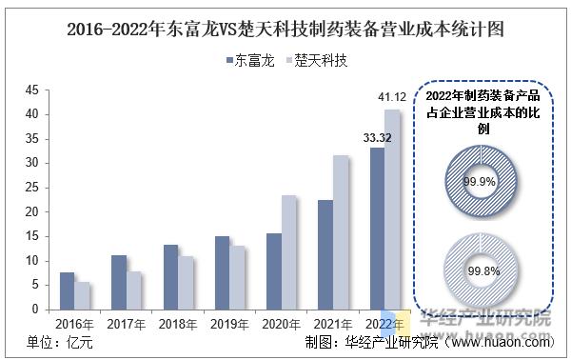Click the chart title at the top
(285, 29)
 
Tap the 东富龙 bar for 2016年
(67, 290)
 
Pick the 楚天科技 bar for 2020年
(288, 252)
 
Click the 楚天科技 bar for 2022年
(392, 210)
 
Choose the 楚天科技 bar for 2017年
(133, 290)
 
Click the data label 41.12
(392, 97)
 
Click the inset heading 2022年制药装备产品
(482, 96)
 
